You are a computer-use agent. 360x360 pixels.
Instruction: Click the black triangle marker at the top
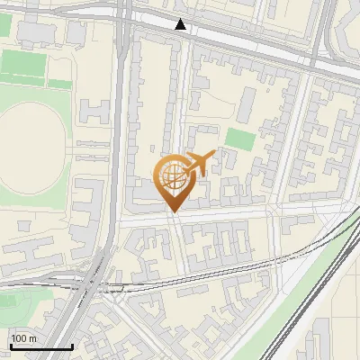click(x=181, y=24)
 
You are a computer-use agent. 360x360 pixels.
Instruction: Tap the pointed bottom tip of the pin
click(x=172, y=211)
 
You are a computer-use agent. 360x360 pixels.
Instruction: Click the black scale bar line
click(x=40, y=346)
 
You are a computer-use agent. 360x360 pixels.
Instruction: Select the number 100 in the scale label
click(x=19, y=338)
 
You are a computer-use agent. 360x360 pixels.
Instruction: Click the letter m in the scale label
click(x=32, y=338)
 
